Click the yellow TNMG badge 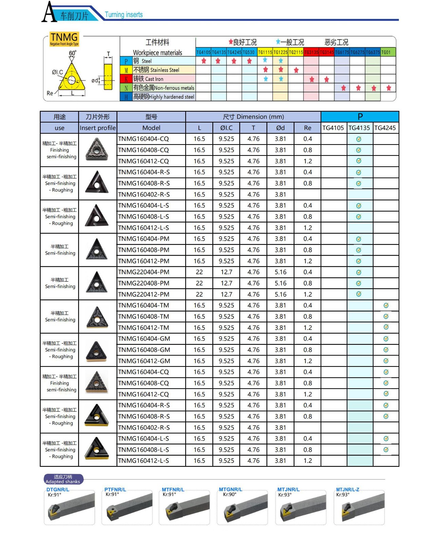[64, 38]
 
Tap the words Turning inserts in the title [123, 15]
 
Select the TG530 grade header [249, 52]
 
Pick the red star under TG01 [389, 88]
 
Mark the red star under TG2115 [296, 70]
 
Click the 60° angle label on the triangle [73, 53]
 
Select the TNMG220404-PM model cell [144, 272]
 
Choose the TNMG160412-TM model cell [144, 327]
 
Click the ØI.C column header [226, 128]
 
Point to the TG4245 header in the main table [385, 128]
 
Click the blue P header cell [360, 117]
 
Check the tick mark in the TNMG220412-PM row [359, 294]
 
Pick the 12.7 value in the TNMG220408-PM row [226, 283]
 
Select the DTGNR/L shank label [58, 489]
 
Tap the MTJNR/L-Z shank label [347, 489]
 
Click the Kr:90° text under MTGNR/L [230, 494]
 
